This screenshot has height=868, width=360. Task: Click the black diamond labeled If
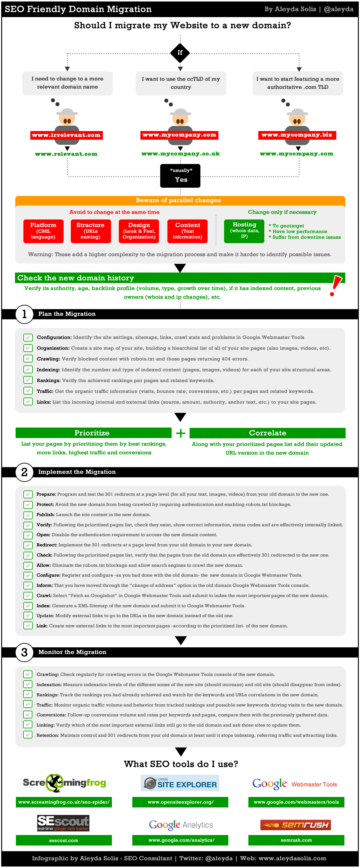click(180, 52)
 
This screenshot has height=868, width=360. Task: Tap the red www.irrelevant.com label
click(66, 135)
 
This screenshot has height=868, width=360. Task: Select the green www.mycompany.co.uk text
click(180, 154)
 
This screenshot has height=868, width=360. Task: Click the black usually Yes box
click(180, 176)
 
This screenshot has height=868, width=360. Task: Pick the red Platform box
click(43, 231)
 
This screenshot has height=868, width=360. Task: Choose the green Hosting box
click(244, 231)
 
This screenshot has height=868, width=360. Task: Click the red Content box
click(187, 231)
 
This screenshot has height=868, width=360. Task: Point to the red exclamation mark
click(335, 285)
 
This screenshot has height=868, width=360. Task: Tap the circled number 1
click(24, 314)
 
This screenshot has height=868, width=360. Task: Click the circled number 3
click(24, 652)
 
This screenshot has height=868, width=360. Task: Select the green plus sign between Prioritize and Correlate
click(181, 433)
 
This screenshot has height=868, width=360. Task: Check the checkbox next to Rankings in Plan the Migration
click(28, 380)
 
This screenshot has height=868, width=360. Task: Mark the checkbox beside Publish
click(28, 515)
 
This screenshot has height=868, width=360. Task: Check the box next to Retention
click(28, 735)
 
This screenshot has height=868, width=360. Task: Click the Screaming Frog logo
click(64, 783)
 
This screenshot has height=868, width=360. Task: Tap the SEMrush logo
click(295, 825)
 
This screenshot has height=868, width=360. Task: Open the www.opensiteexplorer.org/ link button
click(180, 802)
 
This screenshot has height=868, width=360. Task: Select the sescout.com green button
click(64, 840)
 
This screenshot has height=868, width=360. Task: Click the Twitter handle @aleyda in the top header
click(338, 9)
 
